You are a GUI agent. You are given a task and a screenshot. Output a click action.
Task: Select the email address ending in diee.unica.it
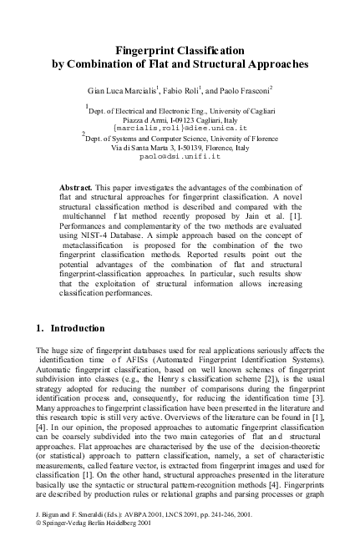tap(180, 128)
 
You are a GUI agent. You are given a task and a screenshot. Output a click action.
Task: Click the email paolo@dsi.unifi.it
tap(180, 155)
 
